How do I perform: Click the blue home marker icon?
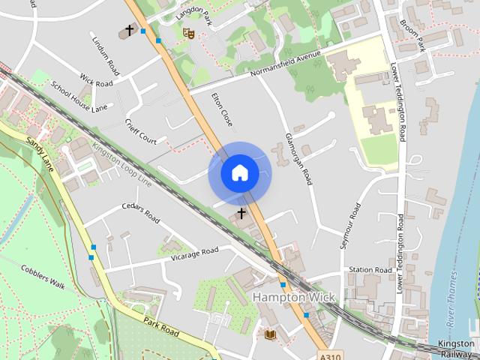pyautogui.click(x=240, y=173)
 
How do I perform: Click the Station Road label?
pyautogui.click(x=370, y=270)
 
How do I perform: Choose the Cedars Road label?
pyautogui.click(x=141, y=214)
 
